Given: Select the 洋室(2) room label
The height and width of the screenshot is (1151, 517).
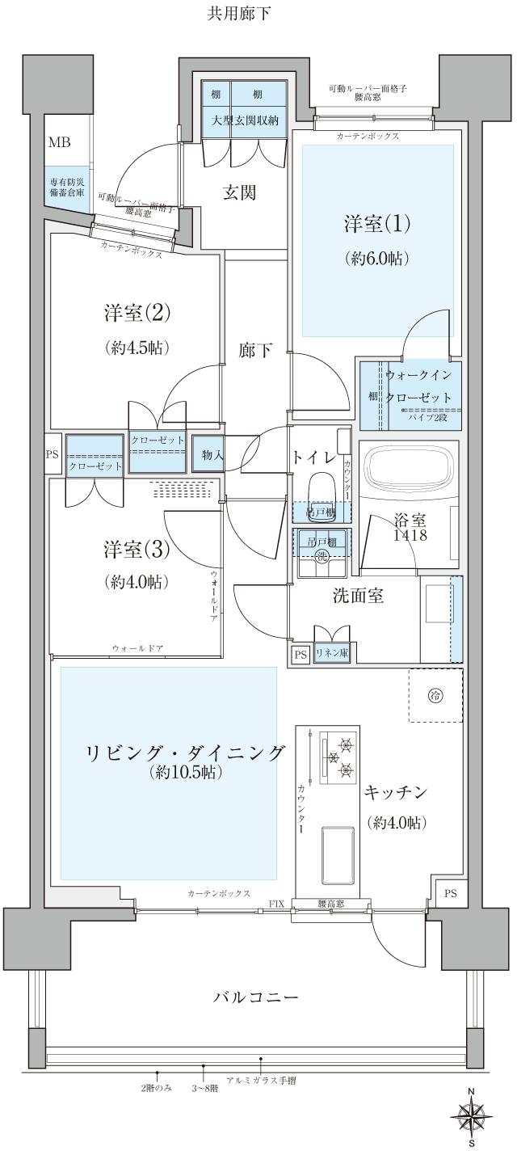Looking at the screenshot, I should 136,312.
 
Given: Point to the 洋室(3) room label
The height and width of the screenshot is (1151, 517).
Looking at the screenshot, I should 136,548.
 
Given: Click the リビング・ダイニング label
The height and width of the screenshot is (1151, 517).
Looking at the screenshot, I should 185,753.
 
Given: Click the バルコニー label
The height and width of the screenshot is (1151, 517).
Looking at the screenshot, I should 255,997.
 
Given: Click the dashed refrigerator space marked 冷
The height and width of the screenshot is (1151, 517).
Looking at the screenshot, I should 435,695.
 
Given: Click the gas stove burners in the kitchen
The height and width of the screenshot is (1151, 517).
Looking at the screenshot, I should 338,757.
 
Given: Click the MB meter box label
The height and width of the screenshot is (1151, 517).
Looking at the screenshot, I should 59,143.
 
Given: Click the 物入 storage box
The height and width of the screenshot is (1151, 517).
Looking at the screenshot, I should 212,456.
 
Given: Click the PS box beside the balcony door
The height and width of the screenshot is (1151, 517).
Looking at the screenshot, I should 450,893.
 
